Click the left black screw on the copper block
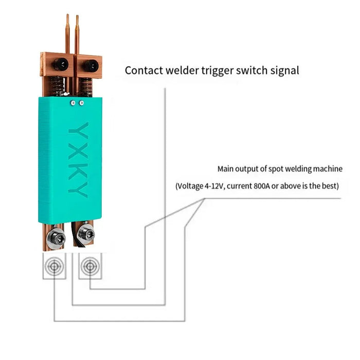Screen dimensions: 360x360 pyautogui.click(x=61, y=64)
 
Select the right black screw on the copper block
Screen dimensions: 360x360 pyautogui.click(x=93, y=65)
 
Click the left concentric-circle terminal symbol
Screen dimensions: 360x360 pyautogui.click(x=54, y=266)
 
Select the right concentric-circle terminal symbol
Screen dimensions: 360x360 pyautogui.click(x=91, y=266)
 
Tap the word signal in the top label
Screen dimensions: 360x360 pyautogui.click(x=282, y=70)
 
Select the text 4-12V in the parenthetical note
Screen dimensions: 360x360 pyautogui.click(x=212, y=186)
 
